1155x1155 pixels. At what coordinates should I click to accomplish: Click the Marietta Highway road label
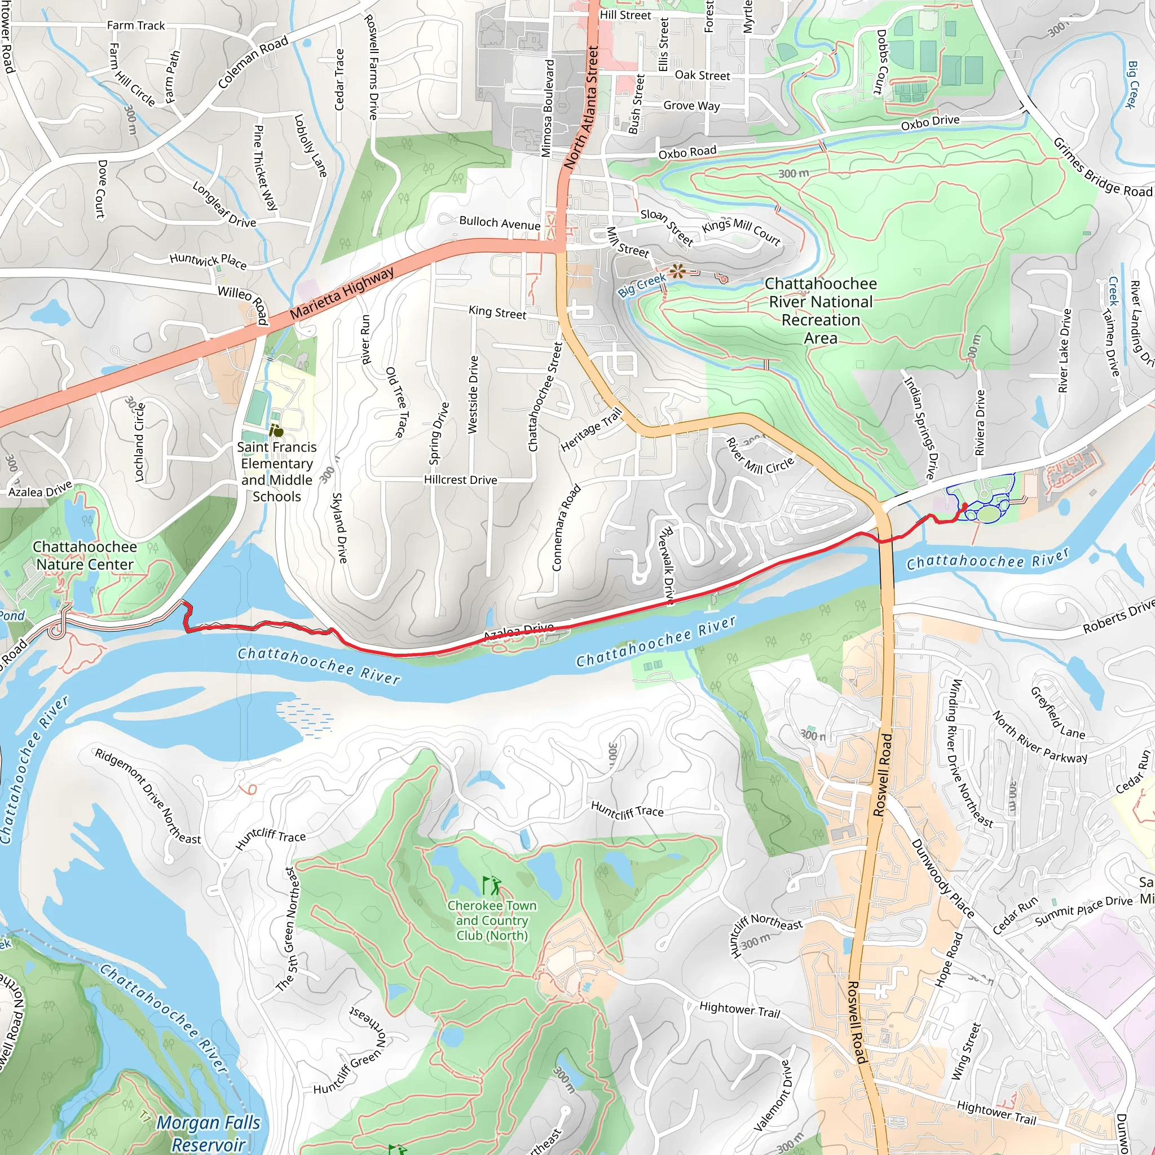[342, 293]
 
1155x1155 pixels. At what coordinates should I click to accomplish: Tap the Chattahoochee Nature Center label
[85, 556]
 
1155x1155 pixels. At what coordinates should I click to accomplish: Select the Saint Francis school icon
[276, 430]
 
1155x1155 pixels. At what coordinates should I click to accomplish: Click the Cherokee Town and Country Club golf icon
[491, 884]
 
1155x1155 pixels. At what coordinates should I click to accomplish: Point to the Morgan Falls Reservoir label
[208, 1133]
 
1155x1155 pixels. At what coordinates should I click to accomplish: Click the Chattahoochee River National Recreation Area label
[820, 310]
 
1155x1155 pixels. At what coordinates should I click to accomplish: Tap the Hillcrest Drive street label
[460, 479]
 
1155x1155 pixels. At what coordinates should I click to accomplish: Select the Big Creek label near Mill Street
[641, 285]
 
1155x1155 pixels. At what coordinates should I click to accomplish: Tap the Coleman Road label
[253, 61]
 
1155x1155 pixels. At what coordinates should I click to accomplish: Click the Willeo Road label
[242, 305]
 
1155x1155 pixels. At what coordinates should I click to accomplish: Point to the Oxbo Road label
[687, 152]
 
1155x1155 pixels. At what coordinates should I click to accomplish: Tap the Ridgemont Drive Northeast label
[148, 796]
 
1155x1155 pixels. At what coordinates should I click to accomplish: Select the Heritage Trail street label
[591, 430]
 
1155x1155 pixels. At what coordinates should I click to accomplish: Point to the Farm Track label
[136, 25]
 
